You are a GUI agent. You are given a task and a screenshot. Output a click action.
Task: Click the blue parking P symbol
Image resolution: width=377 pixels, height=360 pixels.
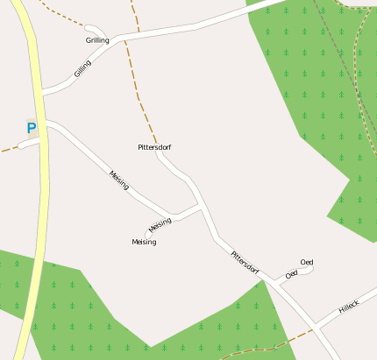32,129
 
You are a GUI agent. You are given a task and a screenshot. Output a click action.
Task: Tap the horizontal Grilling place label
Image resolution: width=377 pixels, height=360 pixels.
97,40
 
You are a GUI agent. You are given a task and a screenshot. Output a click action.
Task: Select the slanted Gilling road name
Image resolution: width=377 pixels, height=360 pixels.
83,68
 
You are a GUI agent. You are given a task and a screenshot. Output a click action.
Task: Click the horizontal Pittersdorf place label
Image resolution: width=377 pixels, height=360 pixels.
154,147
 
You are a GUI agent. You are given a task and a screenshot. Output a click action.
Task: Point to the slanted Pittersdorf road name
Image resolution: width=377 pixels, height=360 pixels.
245,261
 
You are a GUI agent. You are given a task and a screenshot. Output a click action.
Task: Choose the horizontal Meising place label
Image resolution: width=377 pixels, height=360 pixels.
144,242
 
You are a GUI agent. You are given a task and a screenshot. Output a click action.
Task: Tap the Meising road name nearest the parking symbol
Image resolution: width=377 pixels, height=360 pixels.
119,179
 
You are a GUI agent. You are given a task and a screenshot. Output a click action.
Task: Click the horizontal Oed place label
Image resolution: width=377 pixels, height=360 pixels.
307,262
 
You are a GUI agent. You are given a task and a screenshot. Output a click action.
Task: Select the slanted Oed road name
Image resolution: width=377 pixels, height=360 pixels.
292,274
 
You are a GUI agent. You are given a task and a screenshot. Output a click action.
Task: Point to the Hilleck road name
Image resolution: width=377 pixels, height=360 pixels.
349,307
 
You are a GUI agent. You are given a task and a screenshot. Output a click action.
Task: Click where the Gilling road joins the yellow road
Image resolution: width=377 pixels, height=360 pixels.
44,91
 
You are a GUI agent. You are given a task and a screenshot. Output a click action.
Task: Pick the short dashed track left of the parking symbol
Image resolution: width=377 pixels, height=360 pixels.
8,149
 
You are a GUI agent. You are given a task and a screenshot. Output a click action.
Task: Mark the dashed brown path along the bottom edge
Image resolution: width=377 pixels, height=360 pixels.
254,349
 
